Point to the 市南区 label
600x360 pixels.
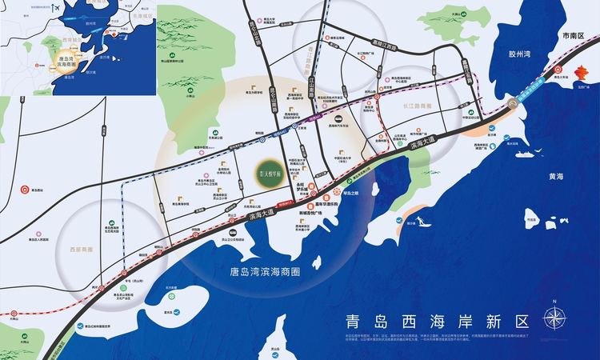click(x=574, y=36)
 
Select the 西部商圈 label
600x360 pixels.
click(x=83, y=237)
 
